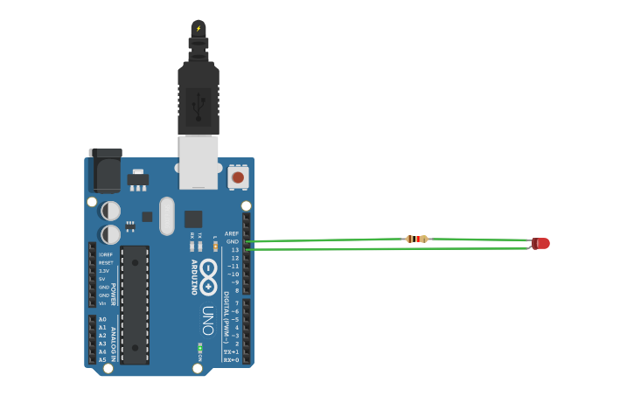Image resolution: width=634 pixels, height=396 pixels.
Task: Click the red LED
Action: click(541, 243)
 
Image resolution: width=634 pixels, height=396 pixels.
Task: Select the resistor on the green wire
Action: click(417, 239)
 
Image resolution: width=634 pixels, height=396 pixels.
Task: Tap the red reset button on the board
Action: click(236, 177)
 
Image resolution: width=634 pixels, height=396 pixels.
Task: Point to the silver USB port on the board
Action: click(199, 162)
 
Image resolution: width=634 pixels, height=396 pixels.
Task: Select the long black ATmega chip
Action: click(135, 304)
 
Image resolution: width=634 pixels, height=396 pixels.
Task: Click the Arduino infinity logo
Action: click(208, 276)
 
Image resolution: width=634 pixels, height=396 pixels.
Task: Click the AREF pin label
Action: click(232, 234)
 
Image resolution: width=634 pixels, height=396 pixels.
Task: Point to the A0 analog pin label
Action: click(102, 320)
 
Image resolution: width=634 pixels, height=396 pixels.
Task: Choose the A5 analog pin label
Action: click(102, 359)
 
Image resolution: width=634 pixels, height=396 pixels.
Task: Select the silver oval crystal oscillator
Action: click(166, 216)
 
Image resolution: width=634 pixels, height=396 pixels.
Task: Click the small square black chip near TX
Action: click(193, 219)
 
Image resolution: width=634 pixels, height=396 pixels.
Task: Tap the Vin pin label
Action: click(102, 303)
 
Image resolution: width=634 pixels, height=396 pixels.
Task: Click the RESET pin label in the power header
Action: click(106, 262)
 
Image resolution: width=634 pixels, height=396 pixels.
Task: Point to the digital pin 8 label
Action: click(235, 290)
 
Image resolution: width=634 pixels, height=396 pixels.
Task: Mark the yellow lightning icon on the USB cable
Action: click(199, 28)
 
